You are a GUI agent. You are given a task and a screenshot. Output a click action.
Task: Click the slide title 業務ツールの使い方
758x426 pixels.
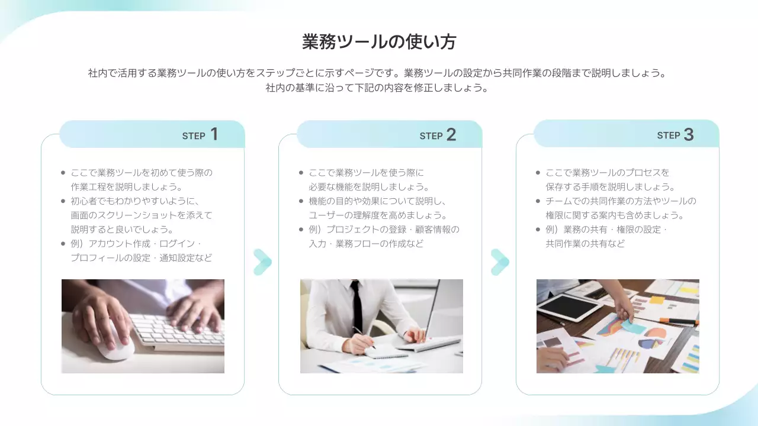pyautogui.click(x=379, y=42)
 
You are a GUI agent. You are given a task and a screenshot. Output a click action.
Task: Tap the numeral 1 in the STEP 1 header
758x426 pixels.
pyautogui.click(x=214, y=134)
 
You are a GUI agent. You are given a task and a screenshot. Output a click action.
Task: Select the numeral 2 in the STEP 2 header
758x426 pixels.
pyautogui.click(x=451, y=134)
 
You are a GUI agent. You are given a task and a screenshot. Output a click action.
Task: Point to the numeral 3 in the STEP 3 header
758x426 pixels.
pyautogui.click(x=689, y=134)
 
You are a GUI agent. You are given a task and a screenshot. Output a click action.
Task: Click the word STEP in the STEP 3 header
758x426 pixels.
pyautogui.click(x=669, y=135)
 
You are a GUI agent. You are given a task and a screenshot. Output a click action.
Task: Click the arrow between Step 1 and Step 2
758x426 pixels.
pyautogui.click(x=262, y=262)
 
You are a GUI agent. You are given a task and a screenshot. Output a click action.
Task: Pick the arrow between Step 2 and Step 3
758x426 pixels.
pyautogui.click(x=500, y=262)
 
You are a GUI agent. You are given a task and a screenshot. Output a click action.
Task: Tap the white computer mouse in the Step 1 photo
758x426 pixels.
pyautogui.click(x=114, y=341)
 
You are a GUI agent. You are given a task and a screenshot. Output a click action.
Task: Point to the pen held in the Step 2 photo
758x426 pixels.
pyautogui.click(x=364, y=337)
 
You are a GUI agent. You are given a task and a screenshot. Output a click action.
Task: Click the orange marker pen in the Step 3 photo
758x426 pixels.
pyautogui.click(x=679, y=321)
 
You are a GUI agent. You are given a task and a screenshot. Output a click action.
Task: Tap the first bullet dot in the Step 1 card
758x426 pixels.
pyautogui.click(x=63, y=173)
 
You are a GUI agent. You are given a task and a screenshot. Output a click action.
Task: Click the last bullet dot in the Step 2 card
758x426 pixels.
pyautogui.click(x=301, y=230)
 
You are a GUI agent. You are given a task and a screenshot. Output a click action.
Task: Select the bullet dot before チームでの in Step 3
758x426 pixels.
pyautogui.click(x=538, y=201)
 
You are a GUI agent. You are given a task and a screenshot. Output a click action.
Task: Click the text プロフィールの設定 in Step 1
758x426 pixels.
pyautogui.click(x=110, y=258)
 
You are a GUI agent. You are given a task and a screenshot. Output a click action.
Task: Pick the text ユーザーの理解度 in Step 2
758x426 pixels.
pyautogui.click(x=345, y=215)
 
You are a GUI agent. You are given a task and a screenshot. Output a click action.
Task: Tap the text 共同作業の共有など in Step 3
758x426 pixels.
pyautogui.click(x=585, y=244)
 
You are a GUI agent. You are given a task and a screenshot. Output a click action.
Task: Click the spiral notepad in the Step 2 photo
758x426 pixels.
pyautogui.click(x=386, y=352)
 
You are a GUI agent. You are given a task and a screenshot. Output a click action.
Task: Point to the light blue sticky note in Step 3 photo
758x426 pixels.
pyautogui.click(x=629, y=324)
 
